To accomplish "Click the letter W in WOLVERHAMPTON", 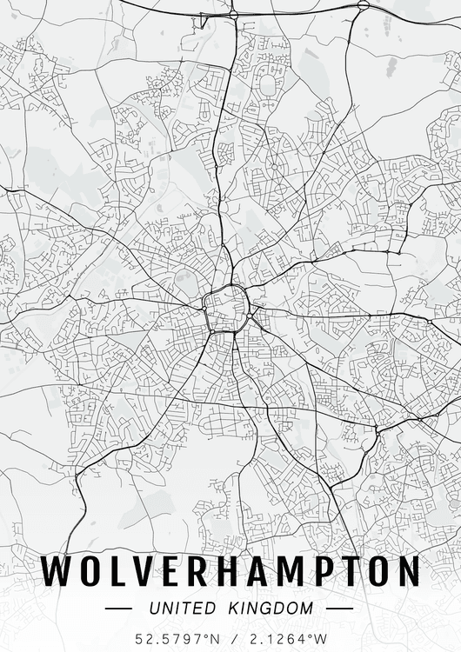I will tap(57, 571).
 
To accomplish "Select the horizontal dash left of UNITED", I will tap(118, 608).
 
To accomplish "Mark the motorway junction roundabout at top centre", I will tap(233, 15).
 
